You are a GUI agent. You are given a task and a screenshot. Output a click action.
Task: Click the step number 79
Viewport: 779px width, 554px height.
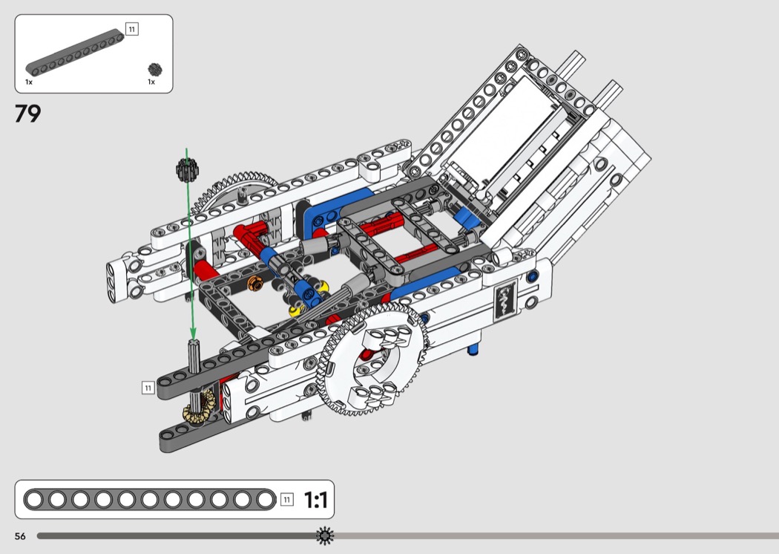28,114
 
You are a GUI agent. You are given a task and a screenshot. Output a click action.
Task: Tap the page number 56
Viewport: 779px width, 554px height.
20,536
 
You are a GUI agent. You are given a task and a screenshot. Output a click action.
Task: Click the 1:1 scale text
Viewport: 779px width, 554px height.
315,500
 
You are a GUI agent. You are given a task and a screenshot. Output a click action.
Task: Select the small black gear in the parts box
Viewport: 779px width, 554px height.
155,69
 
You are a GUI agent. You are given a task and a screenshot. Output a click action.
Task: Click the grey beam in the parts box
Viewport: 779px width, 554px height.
74,53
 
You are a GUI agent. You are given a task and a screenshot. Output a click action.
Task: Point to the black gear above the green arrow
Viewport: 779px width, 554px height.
187,169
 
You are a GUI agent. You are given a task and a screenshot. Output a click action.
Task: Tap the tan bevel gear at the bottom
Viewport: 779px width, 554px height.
199,407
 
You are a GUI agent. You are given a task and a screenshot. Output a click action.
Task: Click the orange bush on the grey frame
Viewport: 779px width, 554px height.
255,283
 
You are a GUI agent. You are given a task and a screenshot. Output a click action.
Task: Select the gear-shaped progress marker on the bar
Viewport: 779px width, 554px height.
325,535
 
